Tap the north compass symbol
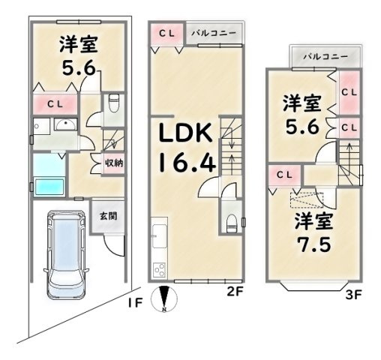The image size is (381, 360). pyautogui.click(x=164, y=299)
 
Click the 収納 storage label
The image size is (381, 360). pyautogui.click(x=114, y=163)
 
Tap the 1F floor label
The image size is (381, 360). pyautogui.click(x=134, y=303)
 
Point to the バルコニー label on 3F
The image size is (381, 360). pyautogui.click(x=325, y=56)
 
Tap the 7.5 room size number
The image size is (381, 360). pyautogui.click(x=313, y=244)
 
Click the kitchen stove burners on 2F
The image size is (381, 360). pyautogui.click(x=160, y=269)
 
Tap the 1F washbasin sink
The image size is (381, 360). pyautogui.click(x=64, y=127)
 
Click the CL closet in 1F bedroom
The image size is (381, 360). pyautogui.click(x=55, y=103)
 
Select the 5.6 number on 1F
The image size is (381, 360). pyautogui.click(x=79, y=67)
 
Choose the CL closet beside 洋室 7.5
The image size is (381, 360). pyautogui.click(x=284, y=174)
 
